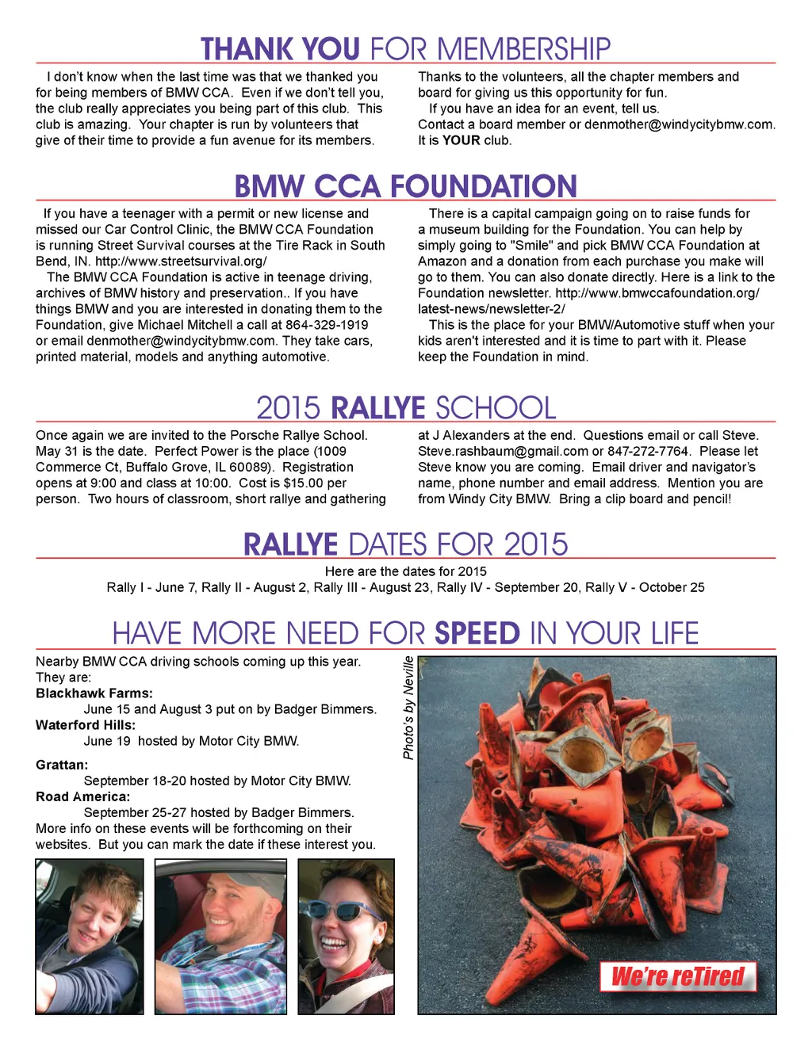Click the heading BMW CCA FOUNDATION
point(405,187)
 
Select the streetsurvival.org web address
point(181,262)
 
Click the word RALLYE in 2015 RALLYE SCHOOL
point(378,409)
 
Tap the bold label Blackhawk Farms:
point(94,693)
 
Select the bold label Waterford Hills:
point(86,725)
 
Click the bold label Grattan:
point(62,765)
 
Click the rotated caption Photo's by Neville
point(408,708)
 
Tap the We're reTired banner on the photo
point(678,976)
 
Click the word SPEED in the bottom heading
point(477,634)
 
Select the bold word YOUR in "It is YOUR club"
point(461,140)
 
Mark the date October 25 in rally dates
point(672,588)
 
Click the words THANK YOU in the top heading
point(281,49)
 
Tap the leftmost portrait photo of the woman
point(90,937)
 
